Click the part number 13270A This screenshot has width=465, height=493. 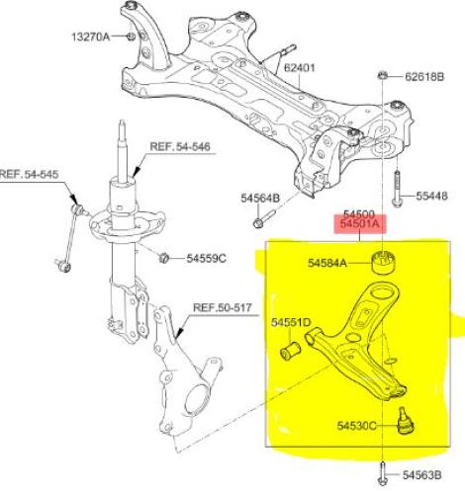pyautogui.click(x=91, y=37)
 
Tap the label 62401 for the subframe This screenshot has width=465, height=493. pyautogui.click(x=300, y=68)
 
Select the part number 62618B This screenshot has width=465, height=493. pyautogui.click(x=424, y=77)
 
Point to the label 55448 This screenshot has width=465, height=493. pyautogui.click(x=431, y=196)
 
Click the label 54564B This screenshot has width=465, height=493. pyautogui.click(x=260, y=199)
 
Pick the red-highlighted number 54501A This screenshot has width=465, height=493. pyautogui.click(x=359, y=224)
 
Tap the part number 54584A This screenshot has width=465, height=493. pyautogui.click(x=327, y=263)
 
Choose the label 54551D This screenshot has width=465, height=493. pyautogui.click(x=291, y=322)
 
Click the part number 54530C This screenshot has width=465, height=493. pyautogui.click(x=356, y=426)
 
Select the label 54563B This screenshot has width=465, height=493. pyautogui.click(x=421, y=475)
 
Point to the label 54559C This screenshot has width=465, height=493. pyautogui.click(x=207, y=258)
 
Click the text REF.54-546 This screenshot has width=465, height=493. pyautogui.click(x=180, y=146)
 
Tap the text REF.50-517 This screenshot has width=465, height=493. pyautogui.click(x=223, y=308)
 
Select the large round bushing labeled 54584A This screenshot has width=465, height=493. pyautogui.click(x=384, y=262)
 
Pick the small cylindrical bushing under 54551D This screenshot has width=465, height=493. pyautogui.click(x=290, y=351)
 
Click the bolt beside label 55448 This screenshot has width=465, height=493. pyautogui.click(x=397, y=190)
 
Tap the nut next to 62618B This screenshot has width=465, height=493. pyautogui.click(x=382, y=75)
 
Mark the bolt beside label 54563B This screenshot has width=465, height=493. pyautogui.click(x=382, y=473)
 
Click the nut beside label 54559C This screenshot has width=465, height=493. pyautogui.click(x=163, y=258)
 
